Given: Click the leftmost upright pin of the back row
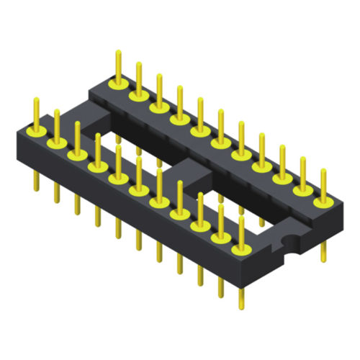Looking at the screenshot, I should point(117,65).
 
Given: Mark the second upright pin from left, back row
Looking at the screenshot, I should point(137,76).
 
